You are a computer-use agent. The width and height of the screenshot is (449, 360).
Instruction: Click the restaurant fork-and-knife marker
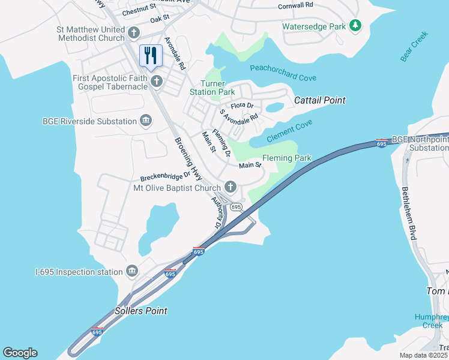tap(151, 56)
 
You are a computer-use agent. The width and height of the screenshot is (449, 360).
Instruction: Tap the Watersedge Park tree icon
tap(356, 25)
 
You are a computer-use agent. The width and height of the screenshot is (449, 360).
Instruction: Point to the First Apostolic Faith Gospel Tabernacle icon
tap(157, 81)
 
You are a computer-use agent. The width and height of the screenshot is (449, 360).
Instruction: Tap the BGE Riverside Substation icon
tap(145, 121)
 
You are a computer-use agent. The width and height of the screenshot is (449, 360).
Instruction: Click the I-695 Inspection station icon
tap(131, 272)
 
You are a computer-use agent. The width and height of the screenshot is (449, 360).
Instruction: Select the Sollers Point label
tap(140, 311)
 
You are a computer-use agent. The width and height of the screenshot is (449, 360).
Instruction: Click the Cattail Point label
tap(319, 100)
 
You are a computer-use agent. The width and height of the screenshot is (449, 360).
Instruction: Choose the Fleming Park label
tap(287, 158)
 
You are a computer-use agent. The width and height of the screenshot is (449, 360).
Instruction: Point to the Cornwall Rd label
tap(295, 5)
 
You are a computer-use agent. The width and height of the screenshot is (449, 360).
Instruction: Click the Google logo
tap(20, 353)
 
